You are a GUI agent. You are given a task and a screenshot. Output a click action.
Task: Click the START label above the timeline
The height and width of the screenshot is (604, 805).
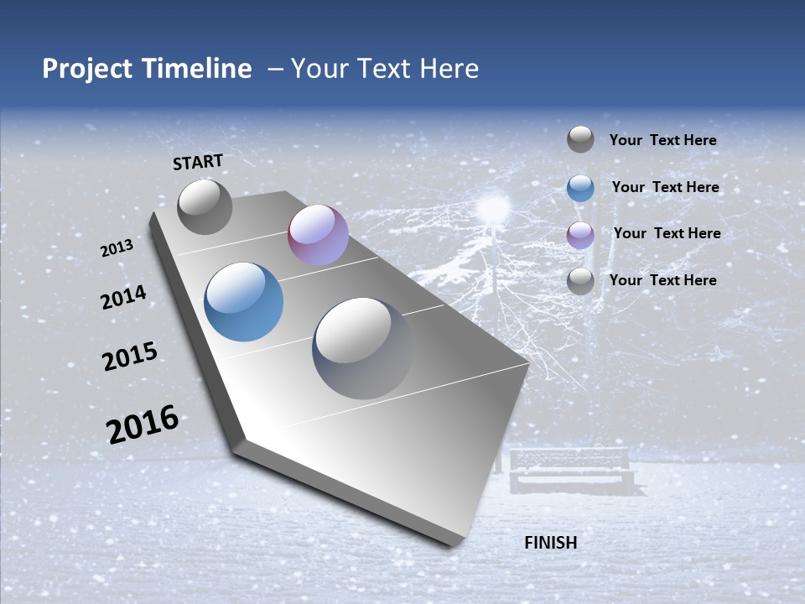pyautogui.click(x=198, y=162)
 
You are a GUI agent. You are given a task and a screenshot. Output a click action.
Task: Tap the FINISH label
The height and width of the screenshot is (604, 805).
pyautogui.click(x=550, y=543)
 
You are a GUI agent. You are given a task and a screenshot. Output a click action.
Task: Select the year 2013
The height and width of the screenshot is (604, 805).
pyautogui.click(x=117, y=248)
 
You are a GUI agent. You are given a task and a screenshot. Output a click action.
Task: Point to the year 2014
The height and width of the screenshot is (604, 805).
pyautogui.click(x=123, y=298)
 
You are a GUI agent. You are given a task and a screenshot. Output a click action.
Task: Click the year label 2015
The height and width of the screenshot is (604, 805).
pyautogui.click(x=129, y=357)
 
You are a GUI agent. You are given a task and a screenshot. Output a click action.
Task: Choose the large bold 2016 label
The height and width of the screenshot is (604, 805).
pyautogui.click(x=142, y=424)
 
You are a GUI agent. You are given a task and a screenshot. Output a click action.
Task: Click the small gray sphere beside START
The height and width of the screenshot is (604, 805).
pyautogui.click(x=205, y=206)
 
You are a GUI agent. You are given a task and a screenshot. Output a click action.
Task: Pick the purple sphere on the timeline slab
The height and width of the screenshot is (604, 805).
pyautogui.click(x=318, y=235)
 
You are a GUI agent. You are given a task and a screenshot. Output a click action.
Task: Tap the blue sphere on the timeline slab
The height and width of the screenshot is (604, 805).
pyautogui.click(x=243, y=302)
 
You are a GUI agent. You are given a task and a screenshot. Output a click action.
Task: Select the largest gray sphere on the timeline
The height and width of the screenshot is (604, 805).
pyautogui.click(x=362, y=347)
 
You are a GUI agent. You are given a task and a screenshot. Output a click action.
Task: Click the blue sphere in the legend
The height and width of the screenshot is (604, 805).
pyautogui.click(x=580, y=188)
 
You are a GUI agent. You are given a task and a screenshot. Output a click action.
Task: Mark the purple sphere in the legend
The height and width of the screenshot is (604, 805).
pyautogui.click(x=580, y=235)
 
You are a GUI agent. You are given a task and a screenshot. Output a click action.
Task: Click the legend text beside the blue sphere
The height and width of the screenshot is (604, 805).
pyautogui.click(x=665, y=187)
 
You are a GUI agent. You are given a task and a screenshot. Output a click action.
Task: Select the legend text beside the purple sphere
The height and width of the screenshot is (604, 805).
pyautogui.click(x=667, y=233)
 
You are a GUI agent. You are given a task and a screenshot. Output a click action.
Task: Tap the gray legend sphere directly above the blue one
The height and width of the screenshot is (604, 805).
pyautogui.click(x=580, y=139)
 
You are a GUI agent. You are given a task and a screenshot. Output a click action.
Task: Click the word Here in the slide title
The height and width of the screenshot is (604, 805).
pyautogui.click(x=449, y=69)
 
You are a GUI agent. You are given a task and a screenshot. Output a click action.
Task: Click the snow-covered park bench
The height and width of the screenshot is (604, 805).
pyautogui.click(x=570, y=470)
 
